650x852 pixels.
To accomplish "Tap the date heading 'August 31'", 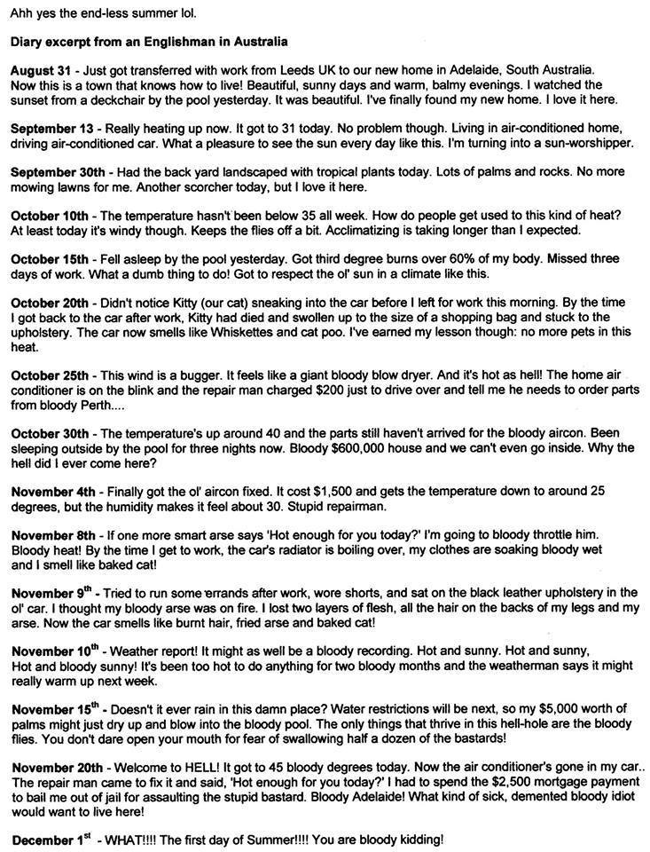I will [x=41, y=69].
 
